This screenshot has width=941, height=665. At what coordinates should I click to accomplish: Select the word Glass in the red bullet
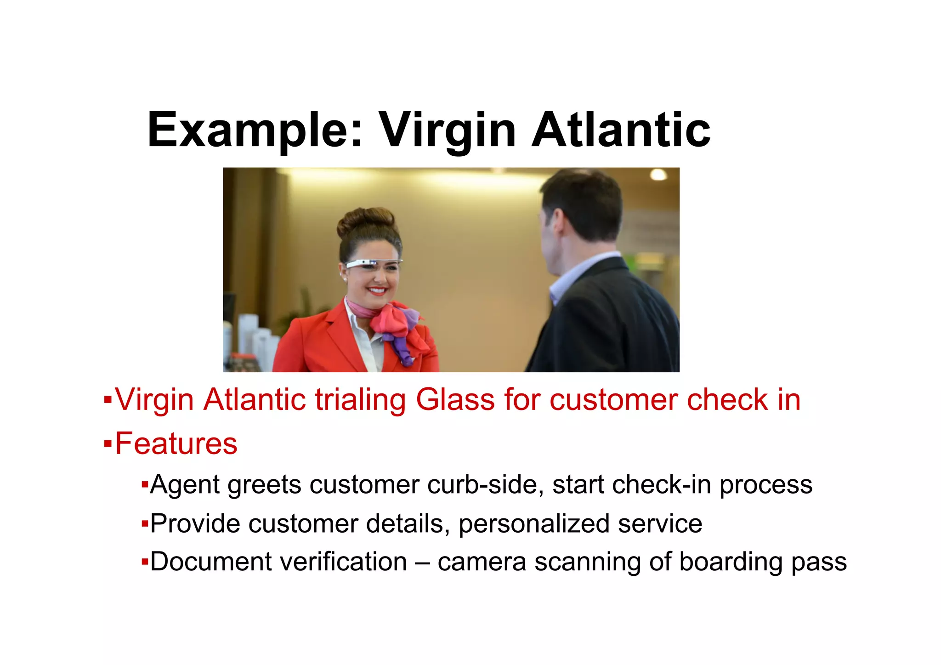tap(455, 399)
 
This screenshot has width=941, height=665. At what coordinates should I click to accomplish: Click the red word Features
tap(176, 443)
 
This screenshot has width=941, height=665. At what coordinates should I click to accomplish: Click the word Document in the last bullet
tap(210, 562)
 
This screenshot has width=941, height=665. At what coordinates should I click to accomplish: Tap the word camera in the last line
tap(482, 563)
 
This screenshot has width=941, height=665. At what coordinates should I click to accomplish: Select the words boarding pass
tap(763, 563)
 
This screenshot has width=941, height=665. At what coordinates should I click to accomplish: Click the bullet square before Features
tap(108, 444)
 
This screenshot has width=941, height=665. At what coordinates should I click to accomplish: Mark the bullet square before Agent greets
tap(144, 484)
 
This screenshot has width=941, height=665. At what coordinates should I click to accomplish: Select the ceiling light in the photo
tap(658, 174)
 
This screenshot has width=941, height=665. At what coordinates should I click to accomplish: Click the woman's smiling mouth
tap(377, 290)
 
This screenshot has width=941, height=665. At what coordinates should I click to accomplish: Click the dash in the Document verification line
tap(422, 563)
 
